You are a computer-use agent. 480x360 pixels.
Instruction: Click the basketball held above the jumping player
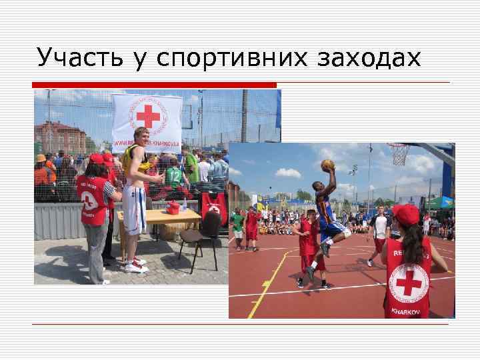pyautogui.click(x=327, y=165)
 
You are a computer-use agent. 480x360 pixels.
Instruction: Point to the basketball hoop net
pyautogui.click(x=399, y=155)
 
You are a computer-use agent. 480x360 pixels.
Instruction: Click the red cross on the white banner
pyautogui.click(x=147, y=116)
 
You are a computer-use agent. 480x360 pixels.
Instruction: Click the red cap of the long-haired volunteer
pyautogui.click(x=407, y=214)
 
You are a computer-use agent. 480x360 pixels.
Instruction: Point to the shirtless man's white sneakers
pyautogui.click(x=136, y=265)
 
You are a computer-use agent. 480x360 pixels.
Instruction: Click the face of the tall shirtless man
pyautogui.click(x=141, y=136)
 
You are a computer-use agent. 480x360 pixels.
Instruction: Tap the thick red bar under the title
pyautogui.click(x=155, y=85)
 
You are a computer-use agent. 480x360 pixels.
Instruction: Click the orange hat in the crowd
pyautogui.click(x=41, y=159)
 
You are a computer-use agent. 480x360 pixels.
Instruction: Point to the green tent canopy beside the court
pyautogui.click(x=441, y=202)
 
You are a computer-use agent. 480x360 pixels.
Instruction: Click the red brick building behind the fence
pyautogui.click(x=60, y=136)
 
